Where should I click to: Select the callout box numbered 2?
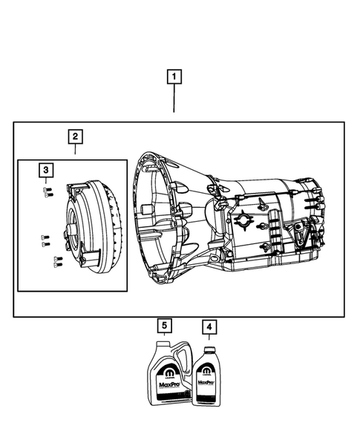pos(76,137)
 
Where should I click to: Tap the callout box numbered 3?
pos(46,171)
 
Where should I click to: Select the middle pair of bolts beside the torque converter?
pos(45,240)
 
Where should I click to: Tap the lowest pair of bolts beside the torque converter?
pos(57,260)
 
